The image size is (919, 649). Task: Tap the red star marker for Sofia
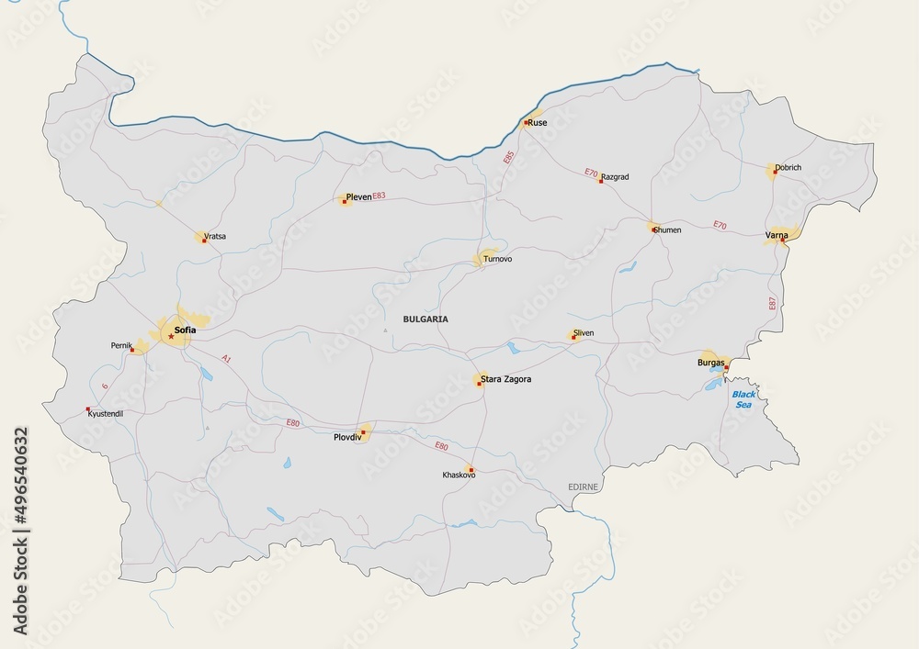(x=171, y=337)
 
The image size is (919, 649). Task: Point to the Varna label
(x=777, y=236)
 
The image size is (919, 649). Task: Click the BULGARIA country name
(x=425, y=319)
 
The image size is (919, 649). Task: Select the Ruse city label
(x=538, y=121)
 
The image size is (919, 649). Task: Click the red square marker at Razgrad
(x=601, y=181)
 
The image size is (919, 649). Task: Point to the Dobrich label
(x=789, y=168)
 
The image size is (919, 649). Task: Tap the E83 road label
(x=380, y=196)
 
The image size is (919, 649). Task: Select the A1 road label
(x=226, y=358)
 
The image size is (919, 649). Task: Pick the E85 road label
(x=506, y=157)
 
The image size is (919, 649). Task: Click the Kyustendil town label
(x=105, y=415)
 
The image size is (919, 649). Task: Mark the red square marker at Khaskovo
(x=471, y=468)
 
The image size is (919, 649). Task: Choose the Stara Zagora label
(x=505, y=378)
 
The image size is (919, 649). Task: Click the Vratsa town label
(x=215, y=236)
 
